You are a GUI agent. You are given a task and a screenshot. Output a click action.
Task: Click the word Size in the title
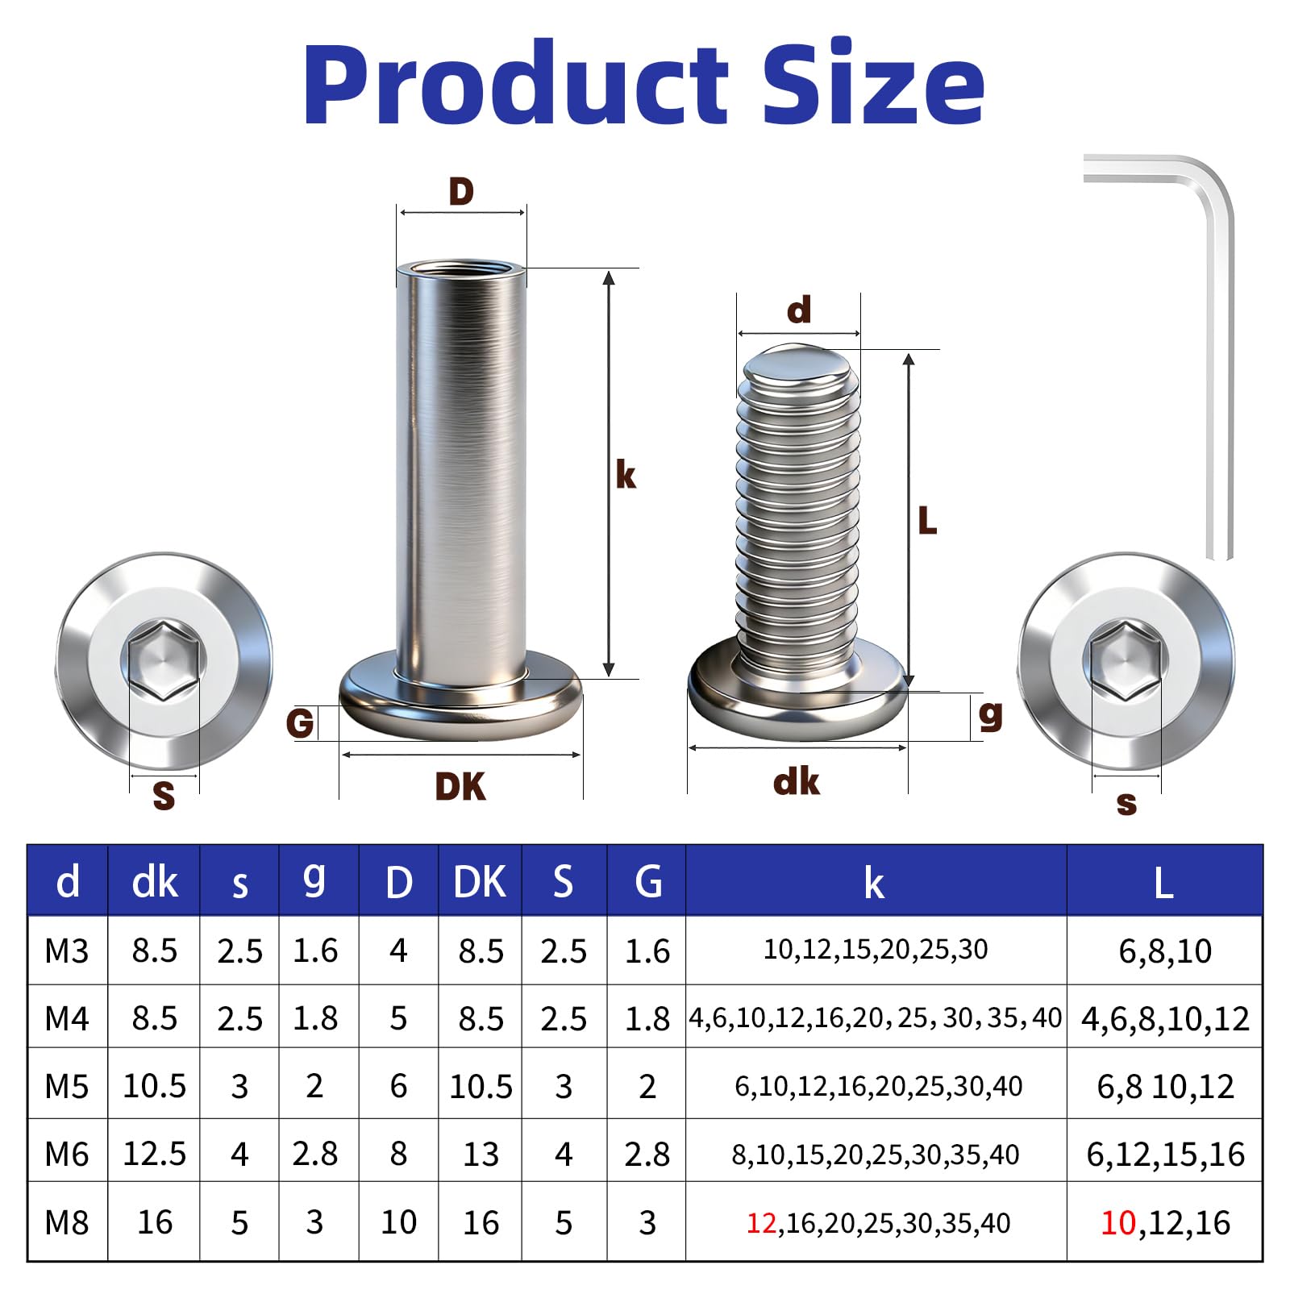[x=872, y=84]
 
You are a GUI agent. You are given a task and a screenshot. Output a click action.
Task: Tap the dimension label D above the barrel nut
[x=461, y=192]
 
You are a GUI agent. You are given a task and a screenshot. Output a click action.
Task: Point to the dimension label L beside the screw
[x=927, y=521]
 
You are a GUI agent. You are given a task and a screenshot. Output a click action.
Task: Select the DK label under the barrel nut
[x=460, y=787]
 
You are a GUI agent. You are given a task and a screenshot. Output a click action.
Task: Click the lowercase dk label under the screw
[x=797, y=782]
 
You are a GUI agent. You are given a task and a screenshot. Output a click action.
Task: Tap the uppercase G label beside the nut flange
[x=300, y=723]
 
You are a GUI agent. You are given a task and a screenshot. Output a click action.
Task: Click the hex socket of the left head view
[x=164, y=660]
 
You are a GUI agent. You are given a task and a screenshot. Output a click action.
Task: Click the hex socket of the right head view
[x=1126, y=660]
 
